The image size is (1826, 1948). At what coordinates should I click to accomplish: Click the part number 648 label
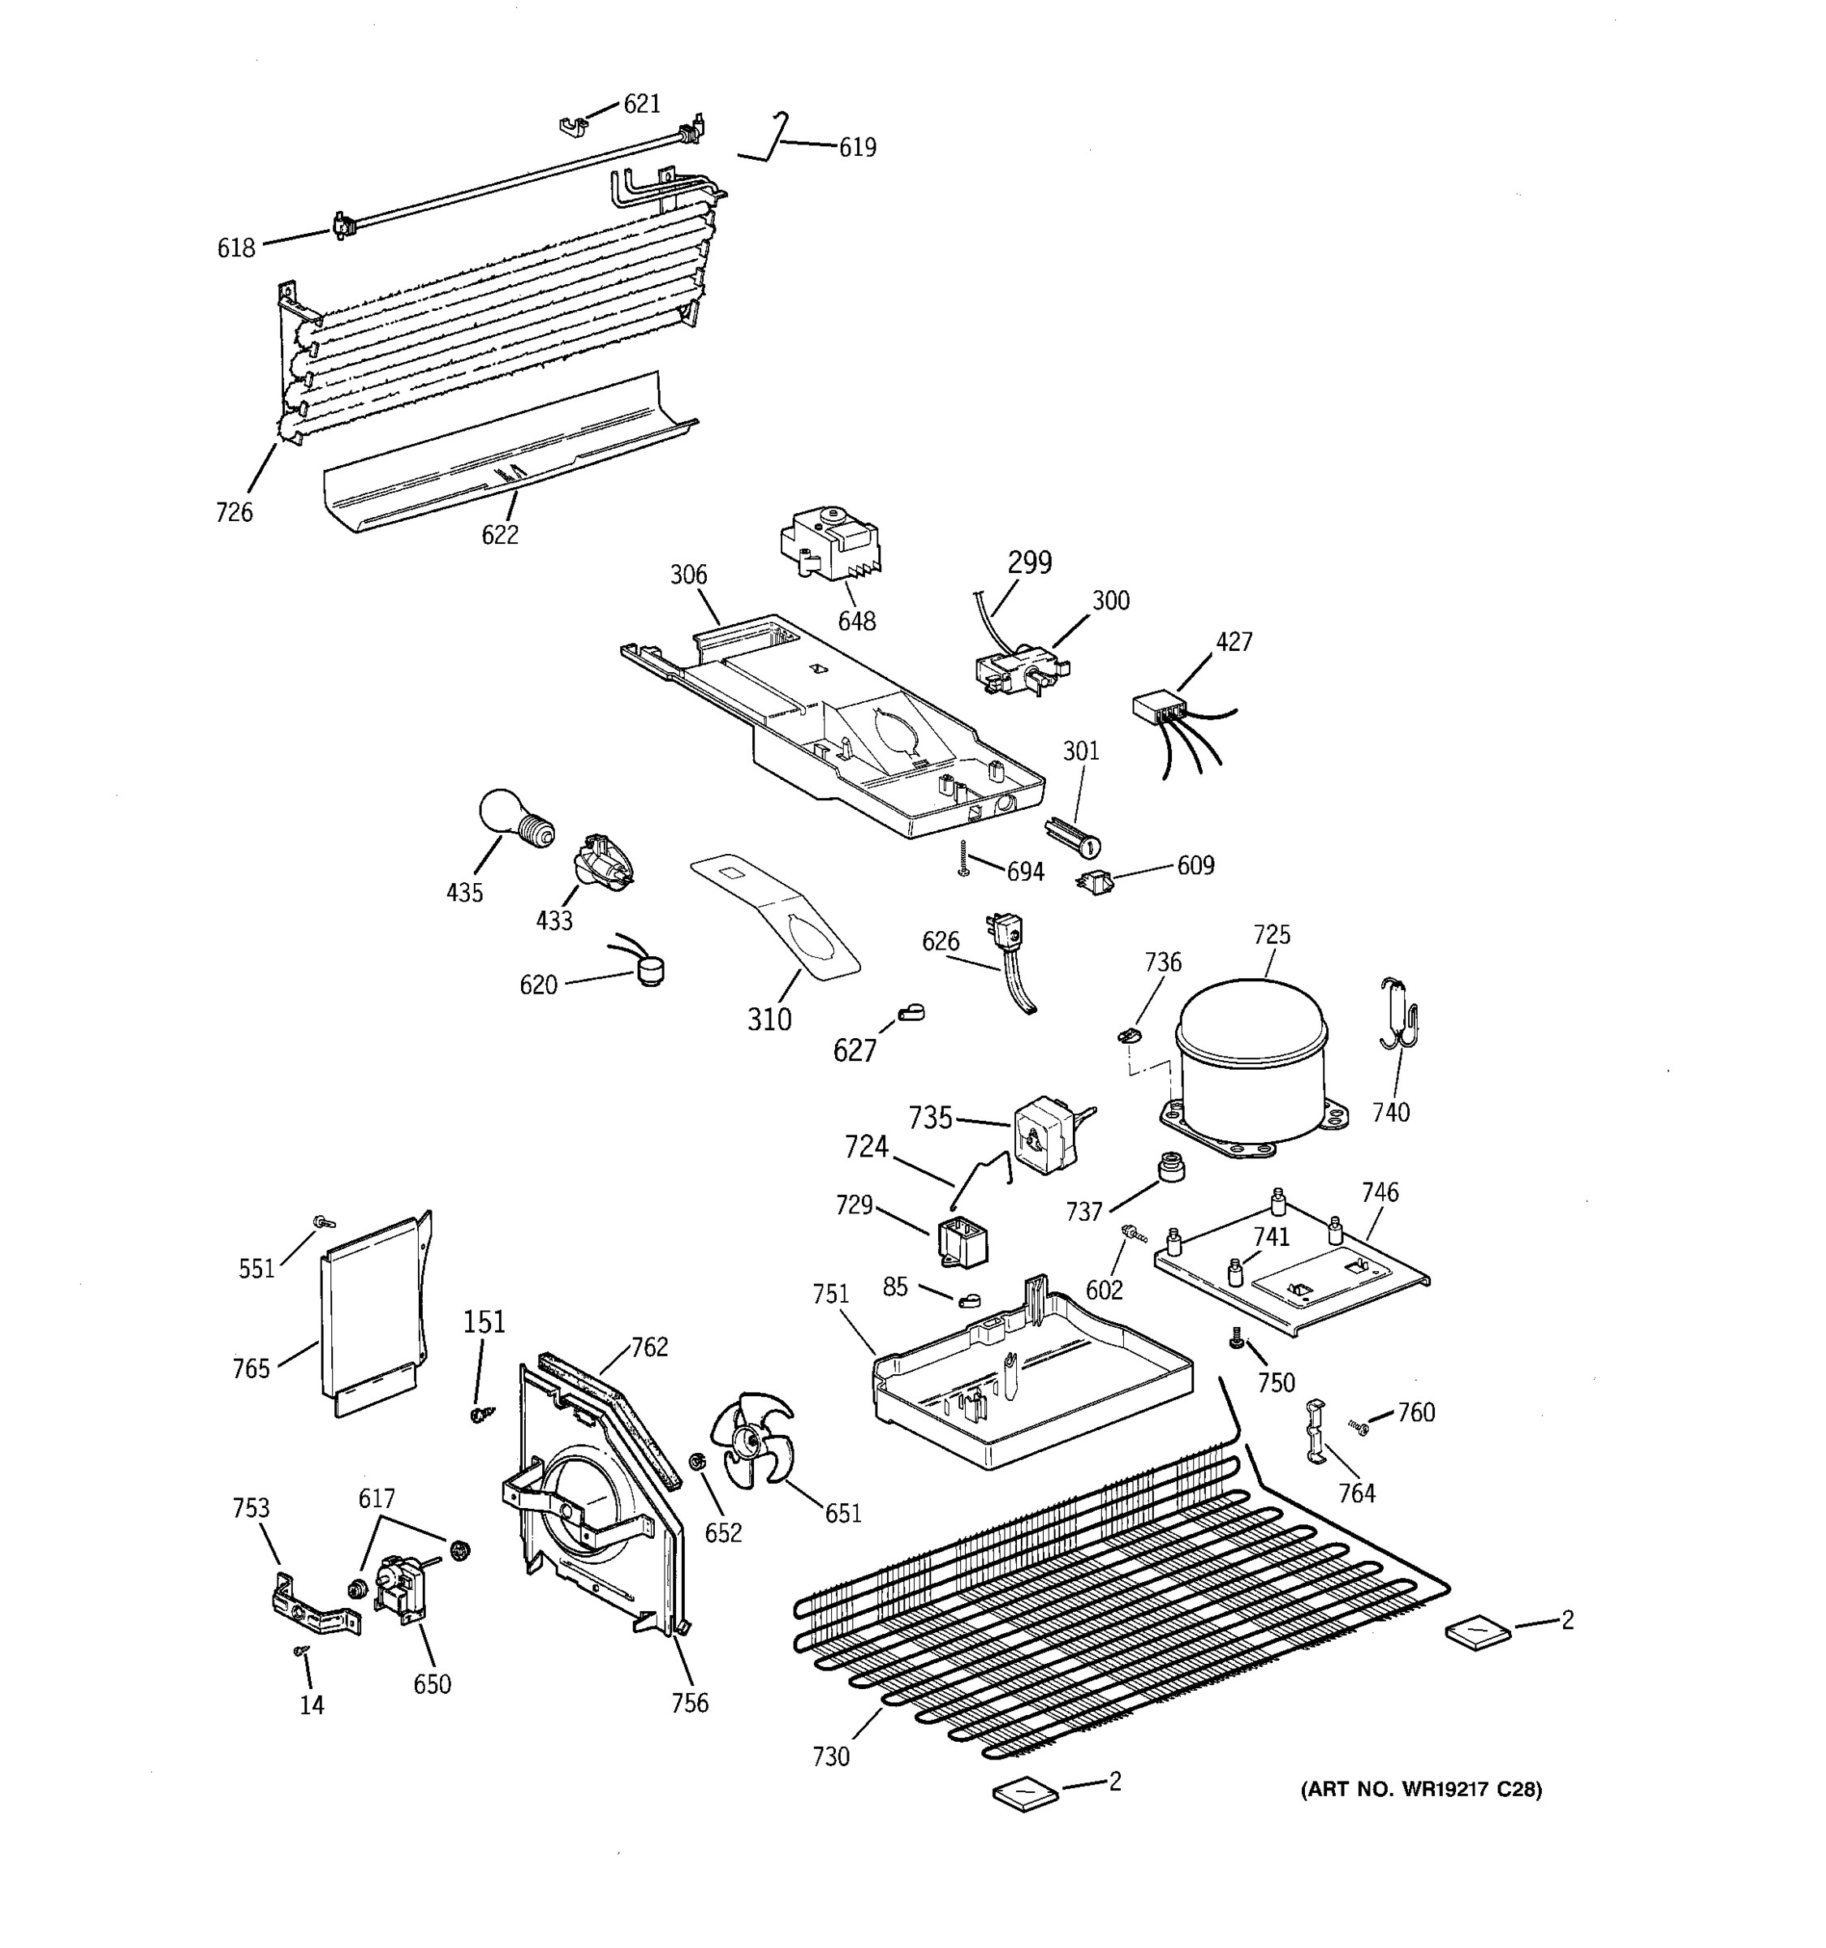[856, 621]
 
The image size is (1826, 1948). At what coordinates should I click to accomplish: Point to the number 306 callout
[689, 575]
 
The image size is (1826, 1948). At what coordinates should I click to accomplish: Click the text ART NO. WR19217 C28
[1420, 1791]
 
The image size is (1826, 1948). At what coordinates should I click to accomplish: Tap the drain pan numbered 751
[1028, 1381]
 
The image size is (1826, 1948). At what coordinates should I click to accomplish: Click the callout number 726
[234, 512]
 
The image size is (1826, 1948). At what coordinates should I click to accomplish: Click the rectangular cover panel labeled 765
[373, 1313]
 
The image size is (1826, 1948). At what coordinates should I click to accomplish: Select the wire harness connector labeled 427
[1156, 708]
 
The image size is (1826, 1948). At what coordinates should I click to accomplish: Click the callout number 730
[831, 1757]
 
